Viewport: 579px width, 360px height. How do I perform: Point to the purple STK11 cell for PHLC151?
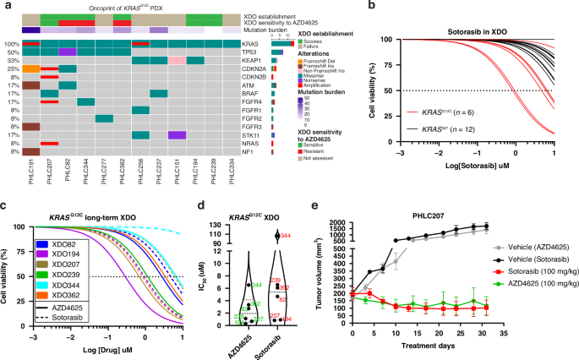177,134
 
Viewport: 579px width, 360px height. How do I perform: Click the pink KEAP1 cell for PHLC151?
177,61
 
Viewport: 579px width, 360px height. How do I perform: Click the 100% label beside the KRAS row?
11,42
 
